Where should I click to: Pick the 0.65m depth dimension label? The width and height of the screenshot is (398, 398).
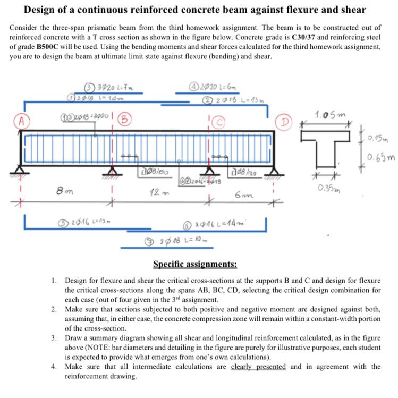382,158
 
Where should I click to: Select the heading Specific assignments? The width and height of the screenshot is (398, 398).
195,264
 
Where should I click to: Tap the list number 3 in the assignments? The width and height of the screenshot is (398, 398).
54,337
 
